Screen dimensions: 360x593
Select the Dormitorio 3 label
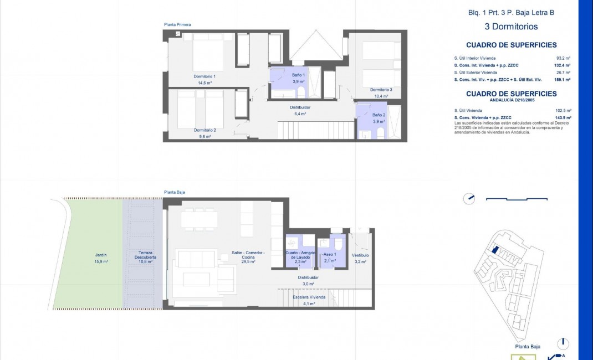click(381, 89)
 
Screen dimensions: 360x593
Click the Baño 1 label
click(299, 75)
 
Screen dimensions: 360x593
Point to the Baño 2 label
click(378, 115)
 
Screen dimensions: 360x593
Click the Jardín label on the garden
click(100, 255)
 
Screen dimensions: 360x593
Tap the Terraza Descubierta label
click(145, 255)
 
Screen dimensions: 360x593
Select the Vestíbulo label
click(360, 255)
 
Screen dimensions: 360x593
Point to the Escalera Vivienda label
click(309, 297)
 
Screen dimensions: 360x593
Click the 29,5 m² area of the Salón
click(248, 261)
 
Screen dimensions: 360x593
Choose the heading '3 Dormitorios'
click(503, 26)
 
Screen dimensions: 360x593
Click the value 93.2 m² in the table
click(564, 58)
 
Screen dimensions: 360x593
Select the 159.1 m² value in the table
click(564, 79)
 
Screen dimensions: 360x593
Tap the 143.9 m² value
click(564, 117)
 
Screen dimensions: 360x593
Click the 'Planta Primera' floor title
click(177, 25)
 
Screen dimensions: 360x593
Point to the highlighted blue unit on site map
click(495, 250)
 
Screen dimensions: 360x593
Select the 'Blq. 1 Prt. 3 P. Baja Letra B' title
click(503, 12)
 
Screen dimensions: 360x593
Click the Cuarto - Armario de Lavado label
click(300, 255)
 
